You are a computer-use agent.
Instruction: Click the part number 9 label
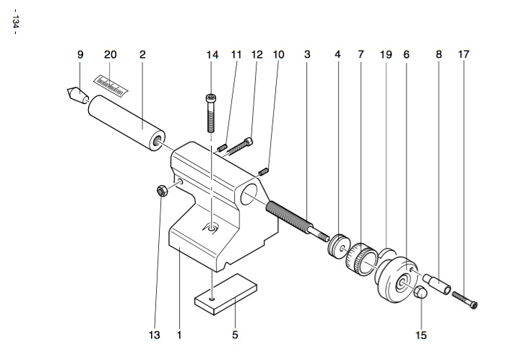[80, 54]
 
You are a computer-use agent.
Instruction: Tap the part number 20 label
[111, 54]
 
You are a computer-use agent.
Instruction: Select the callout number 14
[212, 54]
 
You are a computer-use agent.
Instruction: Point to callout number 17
[463, 54]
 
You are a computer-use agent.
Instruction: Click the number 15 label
[421, 335]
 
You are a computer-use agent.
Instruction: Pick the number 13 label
[155, 335]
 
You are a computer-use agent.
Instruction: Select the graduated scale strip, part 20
[111, 82]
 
